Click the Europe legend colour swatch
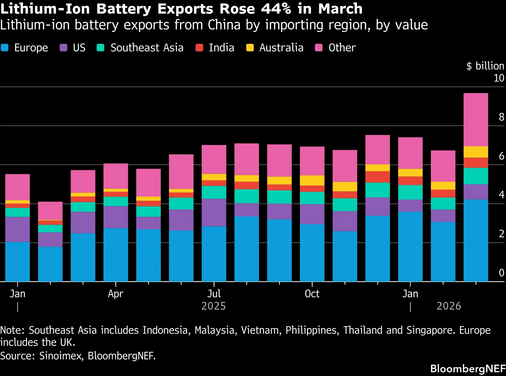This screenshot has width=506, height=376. [x=5, y=48]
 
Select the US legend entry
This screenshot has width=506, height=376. [x=73, y=48]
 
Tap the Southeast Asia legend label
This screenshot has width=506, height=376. [x=147, y=48]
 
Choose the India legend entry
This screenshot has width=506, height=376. [x=215, y=48]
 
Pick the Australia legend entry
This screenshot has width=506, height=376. [x=275, y=48]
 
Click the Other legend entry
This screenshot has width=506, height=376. [x=335, y=48]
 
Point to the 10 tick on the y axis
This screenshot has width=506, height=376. [x=499, y=78]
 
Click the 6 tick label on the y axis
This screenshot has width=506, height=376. [x=501, y=156]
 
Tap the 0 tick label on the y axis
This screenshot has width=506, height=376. [x=501, y=273]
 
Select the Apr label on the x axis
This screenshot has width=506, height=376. [x=116, y=294]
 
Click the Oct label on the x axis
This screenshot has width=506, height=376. [x=312, y=294]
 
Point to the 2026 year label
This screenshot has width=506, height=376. [x=449, y=306]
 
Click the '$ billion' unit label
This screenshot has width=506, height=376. [x=485, y=66]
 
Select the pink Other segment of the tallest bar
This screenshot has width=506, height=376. [x=476, y=120]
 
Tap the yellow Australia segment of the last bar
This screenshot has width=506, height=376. [x=476, y=152]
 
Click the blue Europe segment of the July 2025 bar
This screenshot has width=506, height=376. [x=214, y=254]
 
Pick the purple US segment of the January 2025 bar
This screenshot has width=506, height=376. [x=18, y=230]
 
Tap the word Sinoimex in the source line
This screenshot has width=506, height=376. [x=61, y=356]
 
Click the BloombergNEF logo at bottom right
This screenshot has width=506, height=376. [x=468, y=369]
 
